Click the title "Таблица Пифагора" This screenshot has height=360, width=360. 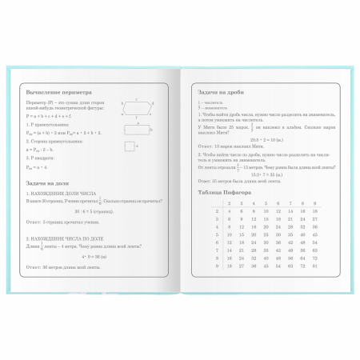pos(224,193)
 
